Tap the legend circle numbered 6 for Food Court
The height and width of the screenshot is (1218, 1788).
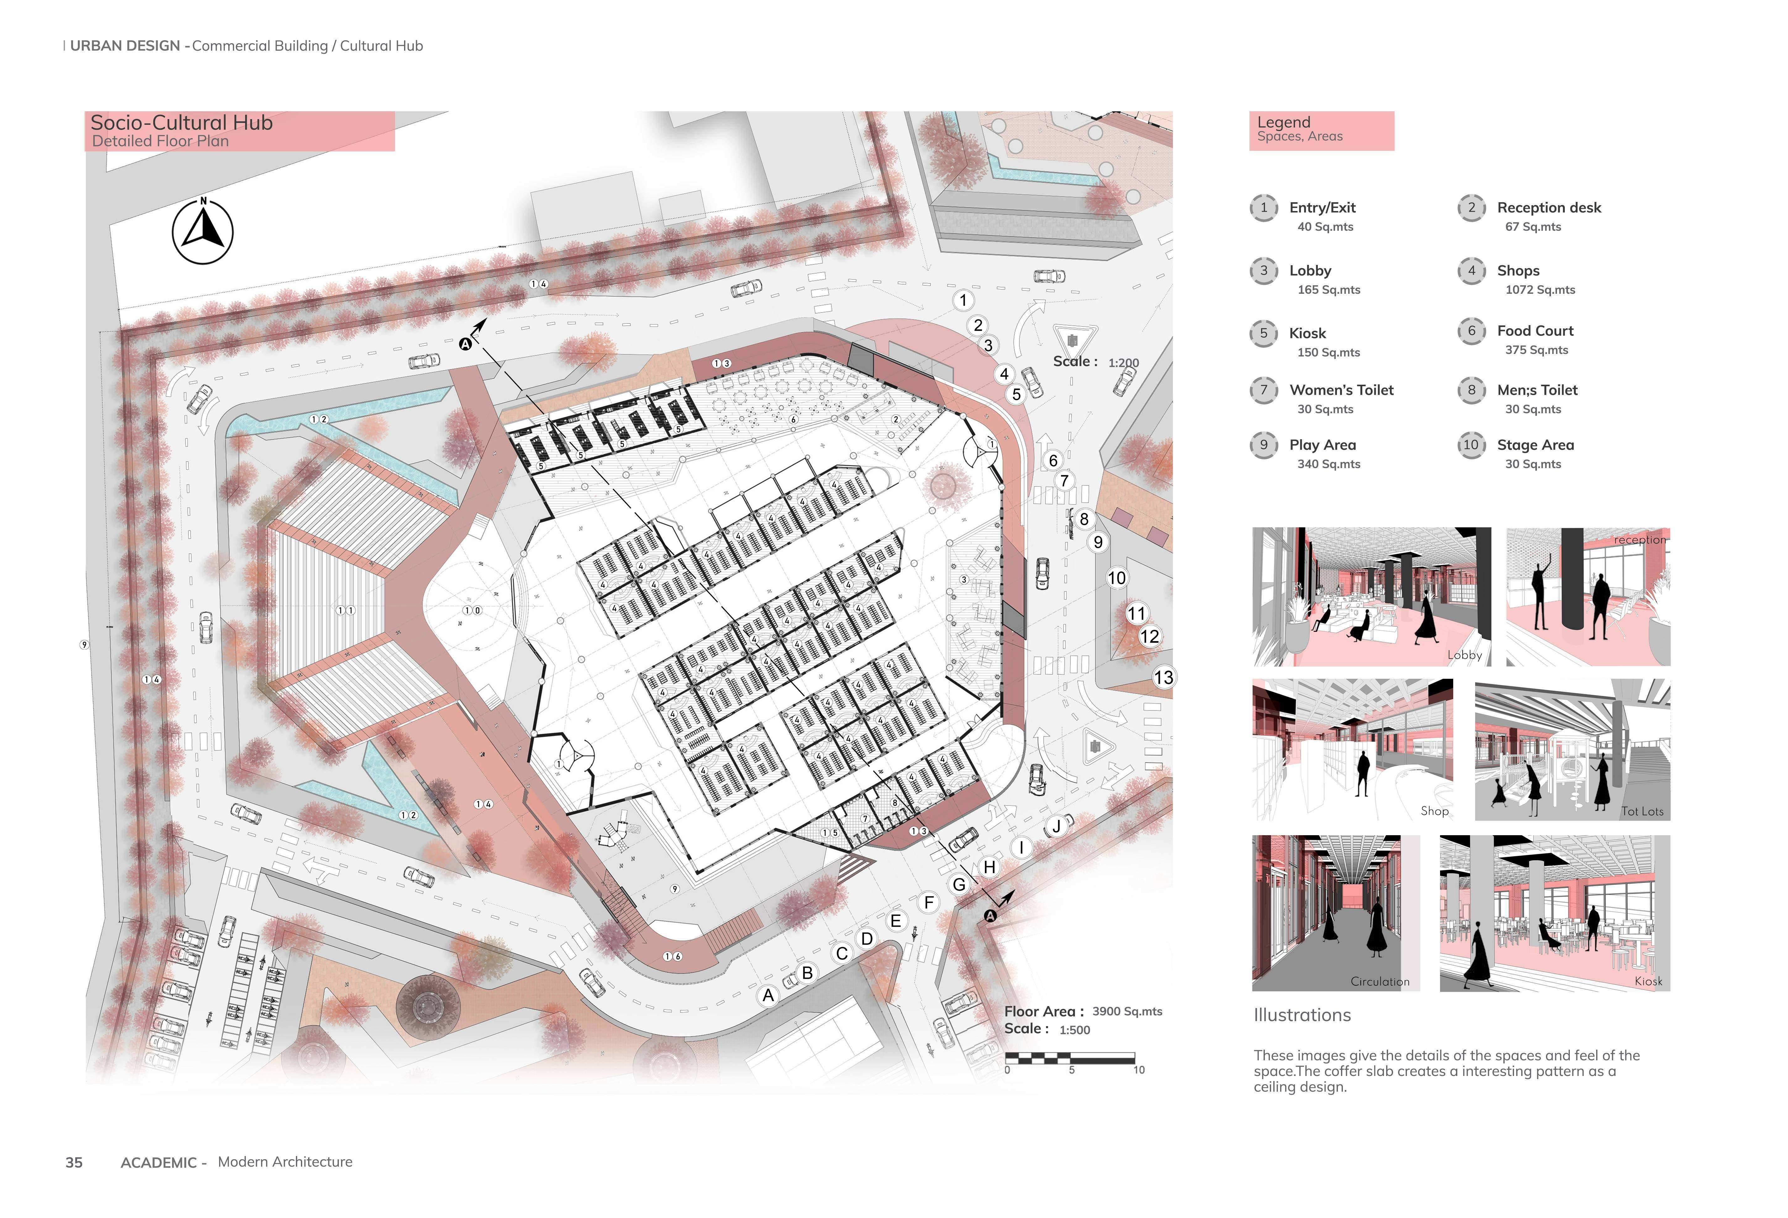click(x=1471, y=331)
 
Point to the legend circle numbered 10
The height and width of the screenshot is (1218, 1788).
click(x=1471, y=445)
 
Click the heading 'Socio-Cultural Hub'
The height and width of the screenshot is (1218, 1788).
click(x=181, y=122)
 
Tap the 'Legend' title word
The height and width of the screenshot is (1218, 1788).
click(x=1283, y=122)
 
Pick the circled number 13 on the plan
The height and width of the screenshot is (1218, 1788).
click(x=1163, y=677)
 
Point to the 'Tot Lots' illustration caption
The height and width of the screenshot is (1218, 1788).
click(x=1642, y=811)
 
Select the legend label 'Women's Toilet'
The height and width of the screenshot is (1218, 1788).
click(x=1341, y=390)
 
